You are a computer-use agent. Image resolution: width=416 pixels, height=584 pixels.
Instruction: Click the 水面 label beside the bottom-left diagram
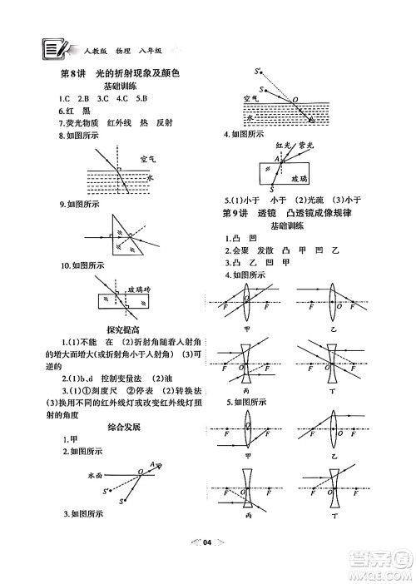point(96,476)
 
